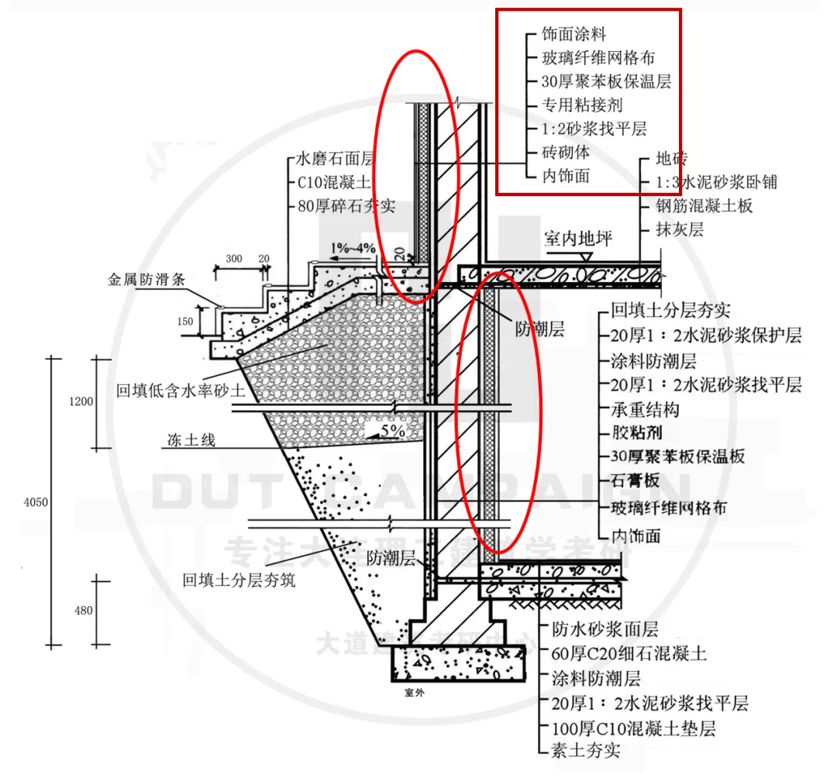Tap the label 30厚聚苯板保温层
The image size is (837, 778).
coord(608,81)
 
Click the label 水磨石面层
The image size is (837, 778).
coord(335,160)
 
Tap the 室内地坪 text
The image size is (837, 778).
coord(577,239)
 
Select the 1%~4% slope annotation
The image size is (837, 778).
coord(353,248)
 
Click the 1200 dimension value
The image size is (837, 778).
coord(81,401)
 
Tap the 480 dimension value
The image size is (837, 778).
coord(84,611)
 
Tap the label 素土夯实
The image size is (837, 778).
coord(586,749)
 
